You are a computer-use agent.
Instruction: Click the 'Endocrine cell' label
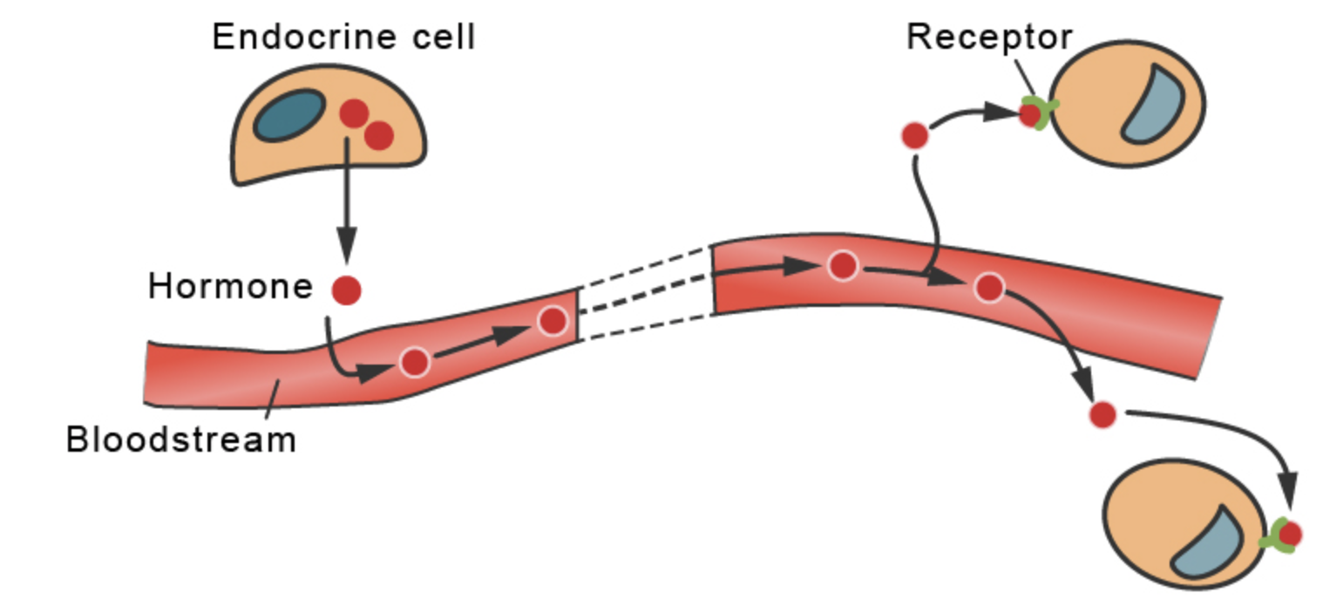pos(343,37)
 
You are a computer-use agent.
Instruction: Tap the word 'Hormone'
pos(230,287)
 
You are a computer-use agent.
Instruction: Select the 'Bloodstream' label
pos(181,440)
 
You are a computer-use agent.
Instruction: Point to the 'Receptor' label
pos(988,37)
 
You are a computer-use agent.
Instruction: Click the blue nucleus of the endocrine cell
pos(288,117)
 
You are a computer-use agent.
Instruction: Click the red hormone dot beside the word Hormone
pos(347,290)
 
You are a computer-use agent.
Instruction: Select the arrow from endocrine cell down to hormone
pos(347,201)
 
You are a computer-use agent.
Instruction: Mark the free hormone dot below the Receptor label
pos(914,136)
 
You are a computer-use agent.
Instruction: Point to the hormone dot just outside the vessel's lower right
pos(1102,414)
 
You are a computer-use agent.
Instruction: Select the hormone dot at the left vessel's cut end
pos(553,321)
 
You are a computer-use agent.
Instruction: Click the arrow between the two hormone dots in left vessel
pos(483,343)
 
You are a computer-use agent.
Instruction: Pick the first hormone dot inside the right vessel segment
pos(842,265)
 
